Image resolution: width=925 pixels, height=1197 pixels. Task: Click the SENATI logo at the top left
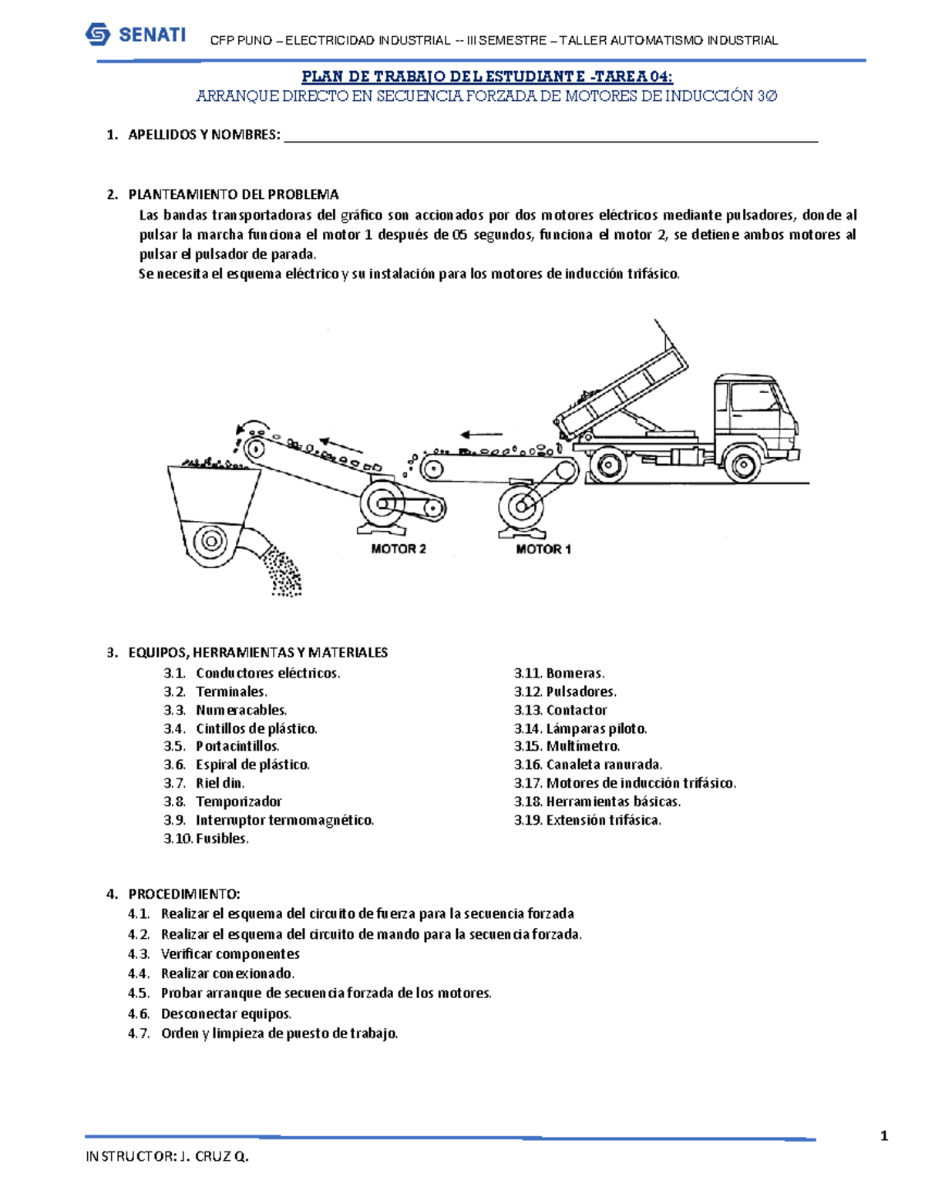coord(136,35)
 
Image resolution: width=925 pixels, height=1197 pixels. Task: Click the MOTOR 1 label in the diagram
coord(543,550)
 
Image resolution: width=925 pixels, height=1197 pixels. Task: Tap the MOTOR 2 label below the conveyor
coord(399,549)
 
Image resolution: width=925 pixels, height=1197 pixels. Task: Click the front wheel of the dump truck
coord(742,465)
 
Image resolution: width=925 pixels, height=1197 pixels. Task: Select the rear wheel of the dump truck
coord(609,465)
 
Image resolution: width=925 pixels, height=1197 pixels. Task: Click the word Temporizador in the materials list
coord(238,802)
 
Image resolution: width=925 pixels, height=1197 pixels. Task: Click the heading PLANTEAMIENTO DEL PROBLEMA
coord(233,194)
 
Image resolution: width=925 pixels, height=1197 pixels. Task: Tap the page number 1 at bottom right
coord(884,1135)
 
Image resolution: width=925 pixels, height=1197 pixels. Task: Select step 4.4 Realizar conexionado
coord(227,973)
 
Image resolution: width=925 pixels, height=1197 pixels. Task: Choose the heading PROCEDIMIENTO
coord(184,894)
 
